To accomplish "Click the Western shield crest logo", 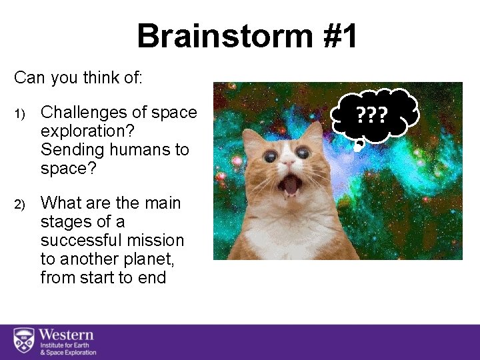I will [x=23, y=341].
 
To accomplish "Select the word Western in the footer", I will [x=66, y=335].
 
